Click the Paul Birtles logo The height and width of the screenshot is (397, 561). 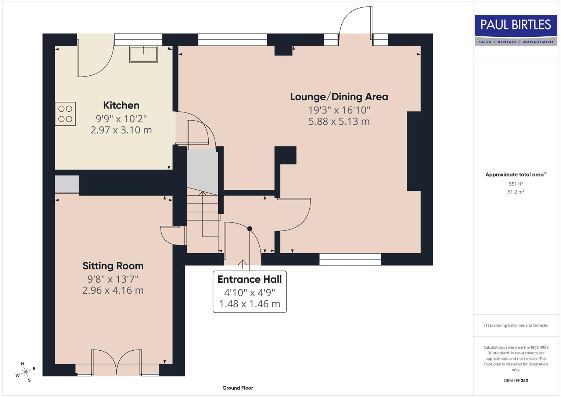tap(515, 30)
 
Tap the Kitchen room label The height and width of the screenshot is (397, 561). tap(121, 105)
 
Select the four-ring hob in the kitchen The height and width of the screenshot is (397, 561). tap(65, 114)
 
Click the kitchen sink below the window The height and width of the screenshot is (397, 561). tap(143, 54)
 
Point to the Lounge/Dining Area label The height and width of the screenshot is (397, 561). tap(339, 97)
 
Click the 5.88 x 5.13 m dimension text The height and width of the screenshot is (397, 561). tap(339, 122)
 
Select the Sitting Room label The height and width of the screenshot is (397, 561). tap(113, 266)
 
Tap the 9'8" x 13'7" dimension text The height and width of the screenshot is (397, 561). tap(113, 279)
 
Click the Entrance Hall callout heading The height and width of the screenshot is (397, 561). tap(249, 279)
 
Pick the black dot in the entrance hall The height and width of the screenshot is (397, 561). tap(250, 229)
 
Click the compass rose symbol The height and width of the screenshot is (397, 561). tap(26, 372)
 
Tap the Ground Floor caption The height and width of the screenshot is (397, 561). tap(238, 388)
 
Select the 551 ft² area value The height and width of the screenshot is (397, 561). tap(515, 184)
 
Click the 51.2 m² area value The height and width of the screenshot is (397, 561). tap(515, 192)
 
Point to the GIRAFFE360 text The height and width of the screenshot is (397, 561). tap(515, 380)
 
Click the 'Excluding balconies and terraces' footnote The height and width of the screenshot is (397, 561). tap(515, 325)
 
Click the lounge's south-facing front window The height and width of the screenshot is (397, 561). tap(350, 259)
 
